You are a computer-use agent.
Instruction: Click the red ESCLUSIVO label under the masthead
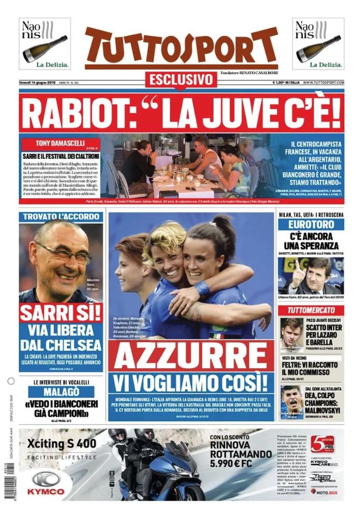(180, 79)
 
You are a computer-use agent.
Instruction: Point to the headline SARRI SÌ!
(61, 313)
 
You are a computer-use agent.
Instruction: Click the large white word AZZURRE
(191, 357)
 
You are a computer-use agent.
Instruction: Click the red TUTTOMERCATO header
(311, 310)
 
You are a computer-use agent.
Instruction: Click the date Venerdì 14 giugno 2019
(42, 83)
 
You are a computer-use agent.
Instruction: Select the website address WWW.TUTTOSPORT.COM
(323, 83)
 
